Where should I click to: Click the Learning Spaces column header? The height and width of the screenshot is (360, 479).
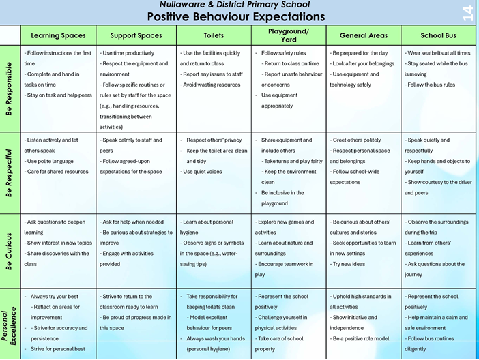58,35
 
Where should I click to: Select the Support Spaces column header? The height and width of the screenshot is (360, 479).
136,35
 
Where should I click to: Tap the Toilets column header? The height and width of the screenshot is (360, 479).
214,35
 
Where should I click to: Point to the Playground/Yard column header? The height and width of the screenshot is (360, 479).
289,35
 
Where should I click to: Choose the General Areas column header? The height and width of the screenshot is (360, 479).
364,35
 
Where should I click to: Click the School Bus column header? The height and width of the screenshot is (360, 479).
438,35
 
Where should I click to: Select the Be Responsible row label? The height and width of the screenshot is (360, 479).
9,89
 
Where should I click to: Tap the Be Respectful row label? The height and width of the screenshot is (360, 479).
9,172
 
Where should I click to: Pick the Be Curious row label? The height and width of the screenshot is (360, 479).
9,252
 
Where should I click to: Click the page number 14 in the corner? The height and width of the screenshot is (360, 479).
468,14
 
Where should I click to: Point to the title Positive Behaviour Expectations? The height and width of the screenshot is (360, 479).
236,16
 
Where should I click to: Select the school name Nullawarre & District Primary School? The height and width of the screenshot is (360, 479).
235,5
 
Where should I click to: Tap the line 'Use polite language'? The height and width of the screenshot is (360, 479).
49,161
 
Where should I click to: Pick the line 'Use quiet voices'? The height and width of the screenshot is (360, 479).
201,172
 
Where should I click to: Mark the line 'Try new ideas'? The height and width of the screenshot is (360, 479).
347,264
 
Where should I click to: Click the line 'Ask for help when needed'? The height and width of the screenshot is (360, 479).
132,222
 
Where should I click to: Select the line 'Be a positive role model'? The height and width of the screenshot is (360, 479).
360,338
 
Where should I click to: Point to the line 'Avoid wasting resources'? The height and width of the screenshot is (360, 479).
210,85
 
